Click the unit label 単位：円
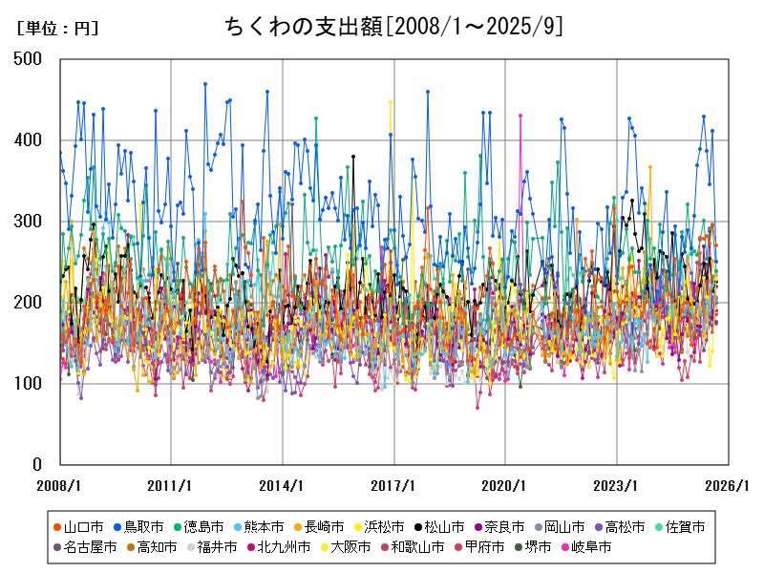click(57, 29)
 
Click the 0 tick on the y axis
click(43, 465)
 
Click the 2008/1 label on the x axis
click(59, 485)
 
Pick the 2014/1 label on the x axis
click(283, 485)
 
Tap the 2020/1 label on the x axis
click(505, 485)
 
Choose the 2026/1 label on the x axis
click(728, 485)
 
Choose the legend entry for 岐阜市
click(585, 548)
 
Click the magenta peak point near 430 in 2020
click(520, 116)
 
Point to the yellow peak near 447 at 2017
click(390, 102)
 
